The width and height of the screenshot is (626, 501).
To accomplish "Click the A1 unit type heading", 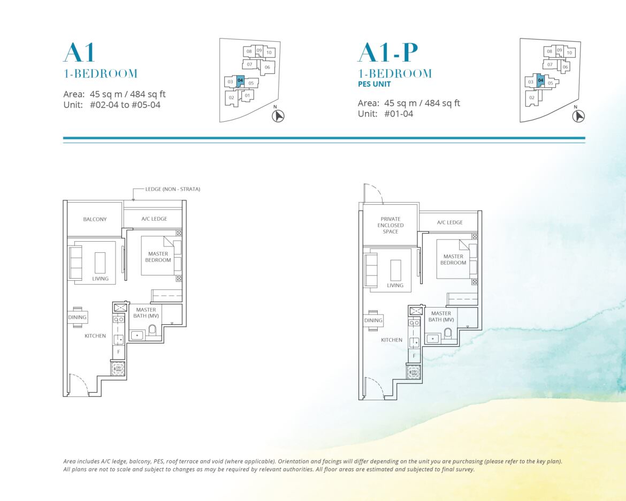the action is [x=79, y=53].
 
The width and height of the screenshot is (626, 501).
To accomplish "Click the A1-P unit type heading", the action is [x=388, y=53].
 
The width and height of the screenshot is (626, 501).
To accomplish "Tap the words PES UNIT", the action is [x=375, y=84].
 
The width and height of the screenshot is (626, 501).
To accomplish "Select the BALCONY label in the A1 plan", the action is [x=95, y=219].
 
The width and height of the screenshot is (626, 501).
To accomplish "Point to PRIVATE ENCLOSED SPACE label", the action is [x=391, y=225].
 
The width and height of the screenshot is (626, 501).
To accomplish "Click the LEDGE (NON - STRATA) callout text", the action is [x=172, y=189].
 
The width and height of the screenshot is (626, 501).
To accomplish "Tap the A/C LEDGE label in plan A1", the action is [x=154, y=219].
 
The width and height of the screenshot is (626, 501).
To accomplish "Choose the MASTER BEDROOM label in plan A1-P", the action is [x=453, y=259].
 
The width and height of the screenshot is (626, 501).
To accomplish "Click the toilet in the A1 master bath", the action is [x=152, y=331].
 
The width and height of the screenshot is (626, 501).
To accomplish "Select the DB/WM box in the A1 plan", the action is [x=118, y=369].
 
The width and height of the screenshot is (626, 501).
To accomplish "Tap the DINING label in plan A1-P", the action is [x=373, y=320].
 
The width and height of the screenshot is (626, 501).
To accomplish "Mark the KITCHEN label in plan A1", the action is [x=95, y=336].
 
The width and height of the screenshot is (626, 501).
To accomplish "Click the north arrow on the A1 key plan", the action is [x=278, y=116].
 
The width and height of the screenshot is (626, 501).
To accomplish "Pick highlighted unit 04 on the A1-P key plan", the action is [x=540, y=81].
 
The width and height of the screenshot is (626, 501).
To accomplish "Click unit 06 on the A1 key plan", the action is [x=267, y=67].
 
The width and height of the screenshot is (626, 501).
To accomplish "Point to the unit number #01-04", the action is [x=399, y=114].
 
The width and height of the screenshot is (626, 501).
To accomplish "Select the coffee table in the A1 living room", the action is [x=100, y=263].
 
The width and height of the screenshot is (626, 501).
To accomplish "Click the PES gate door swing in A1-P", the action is [x=373, y=194].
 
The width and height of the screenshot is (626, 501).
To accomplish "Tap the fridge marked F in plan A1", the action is [x=119, y=352].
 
